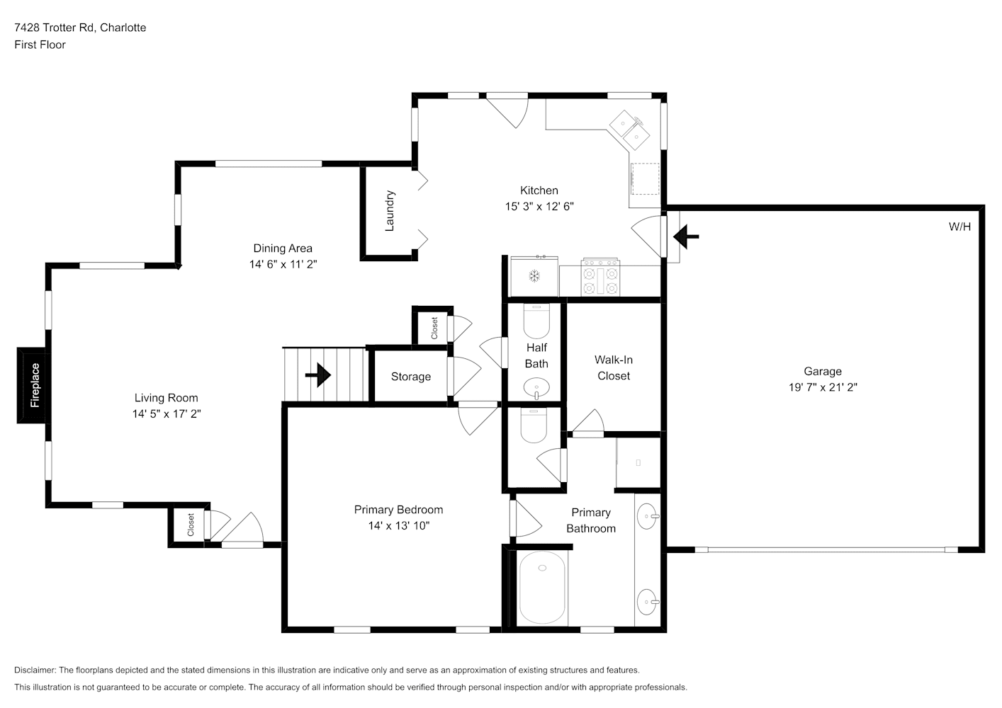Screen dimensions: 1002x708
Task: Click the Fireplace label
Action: [x=35, y=385]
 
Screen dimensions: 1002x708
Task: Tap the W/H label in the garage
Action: [x=959, y=227]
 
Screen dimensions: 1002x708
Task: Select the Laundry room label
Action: [x=390, y=210]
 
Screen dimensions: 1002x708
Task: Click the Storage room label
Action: [x=410, y=377]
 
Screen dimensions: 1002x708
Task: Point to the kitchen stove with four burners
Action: [x=600, y=277]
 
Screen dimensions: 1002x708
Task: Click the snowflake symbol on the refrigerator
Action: [x=534, y=276]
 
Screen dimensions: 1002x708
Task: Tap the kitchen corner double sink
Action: [x=630, y=130]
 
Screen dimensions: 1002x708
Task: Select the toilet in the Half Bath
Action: [x=536, y=321]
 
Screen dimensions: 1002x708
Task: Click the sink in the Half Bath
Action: [x=536, y=387]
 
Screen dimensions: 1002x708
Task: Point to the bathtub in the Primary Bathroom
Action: [x=542, y=588]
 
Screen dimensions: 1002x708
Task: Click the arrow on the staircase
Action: [x=318, y=375]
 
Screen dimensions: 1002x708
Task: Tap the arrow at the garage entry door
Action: [x=686, y=237]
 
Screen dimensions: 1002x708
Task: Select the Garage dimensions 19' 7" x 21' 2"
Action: [x=823, y=387]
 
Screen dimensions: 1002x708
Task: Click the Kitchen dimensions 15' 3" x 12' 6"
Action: [x=539, y=207]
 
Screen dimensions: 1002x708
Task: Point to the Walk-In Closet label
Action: [x=613, y=368]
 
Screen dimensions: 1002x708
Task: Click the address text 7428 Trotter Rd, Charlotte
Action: [x=80, y=28]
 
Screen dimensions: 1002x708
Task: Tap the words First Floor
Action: [x=40, y=45]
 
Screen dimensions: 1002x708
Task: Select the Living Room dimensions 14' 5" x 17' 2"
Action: [x=167, y=414]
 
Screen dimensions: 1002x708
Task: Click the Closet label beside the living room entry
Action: [x=191, y=525]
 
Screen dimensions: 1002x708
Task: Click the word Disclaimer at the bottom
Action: [x=35, y=670]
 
